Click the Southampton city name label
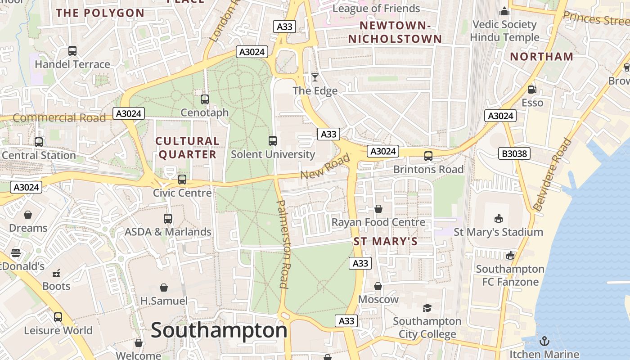pyautogui.click(x=219, y=330)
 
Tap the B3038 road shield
pyautogui.click(x=514, y=154)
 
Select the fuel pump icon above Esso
pyautogui.click(x=532, y=90)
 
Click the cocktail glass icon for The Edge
pyautogui.click(x=315, y=77)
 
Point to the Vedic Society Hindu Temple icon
pyautogui.click(x=504, y=11)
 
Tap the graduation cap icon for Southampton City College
pyautogui.click(x=427, y=308)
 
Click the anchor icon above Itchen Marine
pyautogui.click(x=544, y=341)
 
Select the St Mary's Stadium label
pyautogui.click(x=498, y=232)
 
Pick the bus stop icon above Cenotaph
pyautogui.click(x=205, y=99)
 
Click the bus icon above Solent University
pyautogui.click(x=272, y=140)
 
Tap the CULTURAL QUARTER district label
pyautogui.click(x=188, y=148)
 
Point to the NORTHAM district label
pyautogui.click(x=542, y=57)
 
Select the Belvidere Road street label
pyautogui.click(x=552, y=175)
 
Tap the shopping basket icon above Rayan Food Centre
pyautogui.click(x=378, y=209)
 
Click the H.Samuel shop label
pyautogui.click(x=164, y=301)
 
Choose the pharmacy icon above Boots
pyautogui.click(x=56, y=273)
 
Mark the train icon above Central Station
pyautogui.click(x=39, y=142)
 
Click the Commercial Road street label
pyautogui.click(x=59, y=118)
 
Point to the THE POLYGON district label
pyautogui.click(x=100, y=13)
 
